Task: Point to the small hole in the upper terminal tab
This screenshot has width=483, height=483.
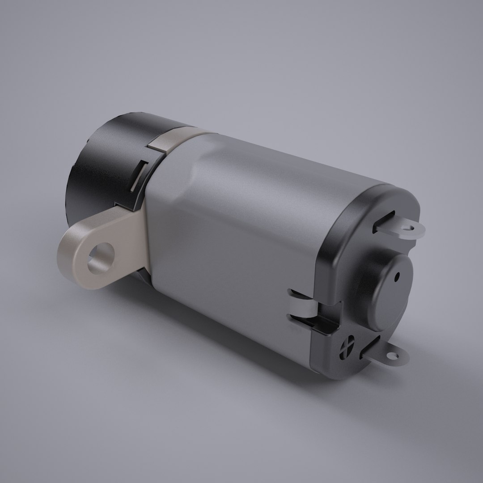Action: point(407,228)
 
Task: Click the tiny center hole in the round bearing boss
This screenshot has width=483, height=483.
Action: point(396,277)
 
